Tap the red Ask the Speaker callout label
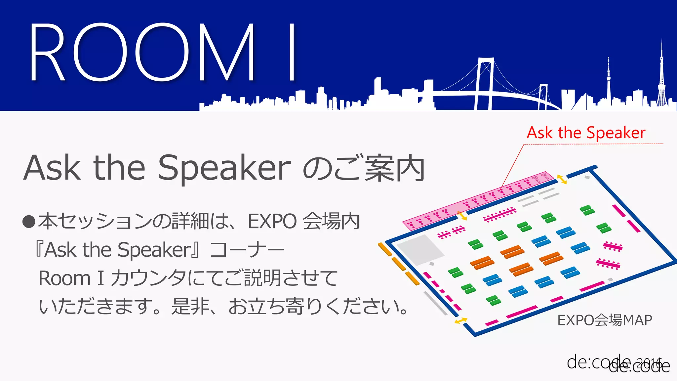[586, 133]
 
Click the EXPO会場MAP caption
[604, 320]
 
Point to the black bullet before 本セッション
[29, 222]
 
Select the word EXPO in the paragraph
[272, 221]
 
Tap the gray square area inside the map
[420, 249]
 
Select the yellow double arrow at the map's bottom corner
[460, 320]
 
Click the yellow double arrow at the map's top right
[562, 179]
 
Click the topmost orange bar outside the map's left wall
[384, 249]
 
